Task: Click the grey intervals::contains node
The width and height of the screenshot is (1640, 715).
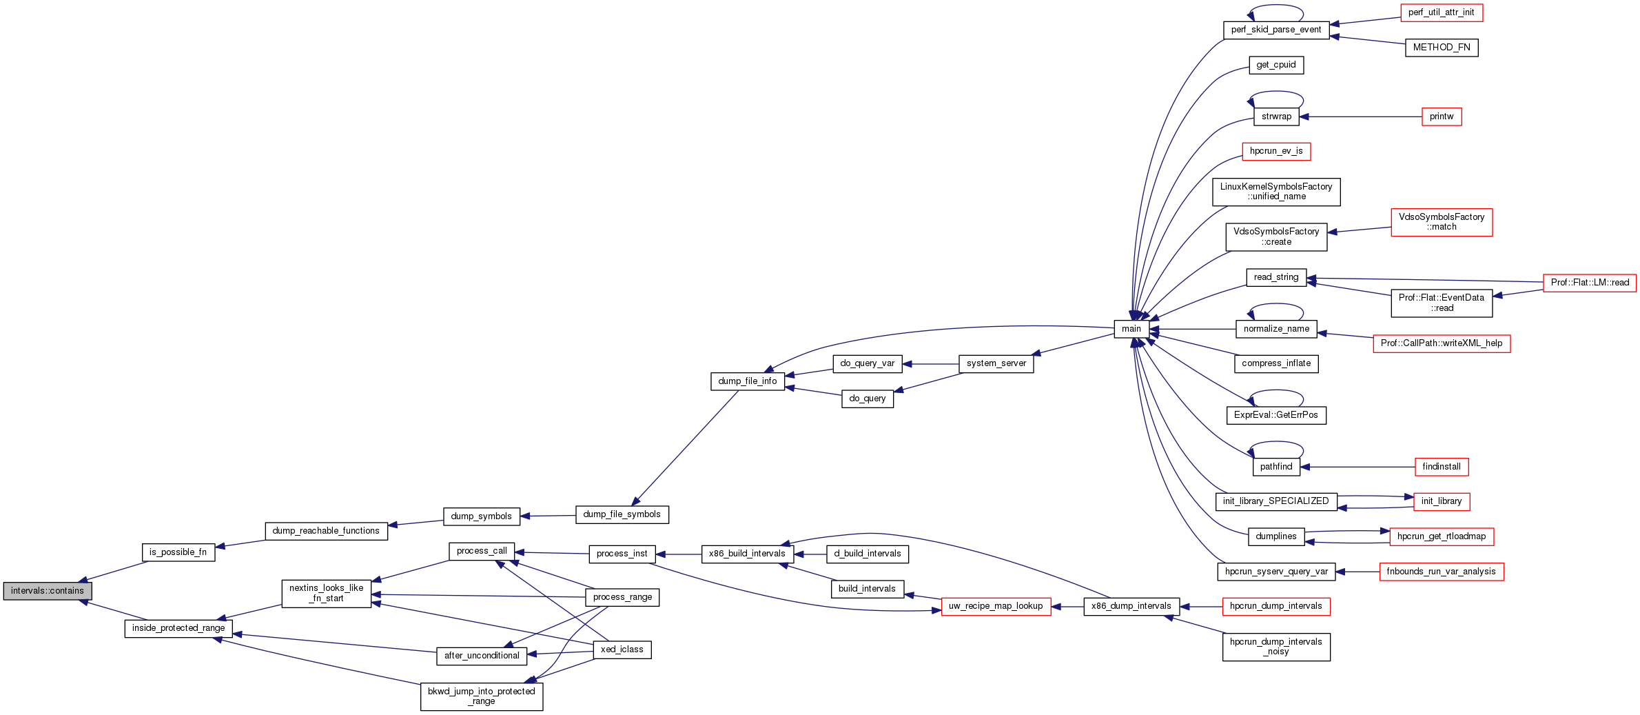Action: (x=47, y=591)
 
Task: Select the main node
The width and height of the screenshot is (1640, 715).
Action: (x=1131, y=329)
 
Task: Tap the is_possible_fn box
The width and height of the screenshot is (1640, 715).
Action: (x=178, y=552)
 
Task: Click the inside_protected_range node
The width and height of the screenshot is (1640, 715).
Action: (x=178, y=628)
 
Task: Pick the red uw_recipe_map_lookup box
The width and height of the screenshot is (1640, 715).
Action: (x=996, y=606)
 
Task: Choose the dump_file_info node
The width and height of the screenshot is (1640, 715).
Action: (x=747, y=381)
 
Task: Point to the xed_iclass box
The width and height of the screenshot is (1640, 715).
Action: (x=622, y=649)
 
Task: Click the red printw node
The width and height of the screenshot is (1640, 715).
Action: (x=1441, y=117)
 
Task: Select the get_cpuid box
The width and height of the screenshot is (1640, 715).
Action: (x=1275, y=65)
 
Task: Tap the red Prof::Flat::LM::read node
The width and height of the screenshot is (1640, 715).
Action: (x=1589, y=283)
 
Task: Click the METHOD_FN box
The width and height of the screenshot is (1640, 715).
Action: (x=1441, y=48)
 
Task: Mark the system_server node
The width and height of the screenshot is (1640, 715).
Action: (x=996, y=363)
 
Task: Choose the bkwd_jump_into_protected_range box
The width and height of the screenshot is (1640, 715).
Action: (x=481, y=696)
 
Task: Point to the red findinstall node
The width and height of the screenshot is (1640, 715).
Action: (x=1441, y=467)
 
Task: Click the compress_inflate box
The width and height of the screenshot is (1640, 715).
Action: (x=1275, y=363)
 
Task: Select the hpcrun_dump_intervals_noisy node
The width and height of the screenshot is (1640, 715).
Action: (x=1275, y=647)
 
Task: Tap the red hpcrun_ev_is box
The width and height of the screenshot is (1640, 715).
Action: (x=1275, y=151)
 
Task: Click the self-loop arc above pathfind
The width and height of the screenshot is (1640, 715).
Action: (x=1276, y=443)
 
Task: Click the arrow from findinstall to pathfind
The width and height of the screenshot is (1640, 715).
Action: (x=1357, y=467)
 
